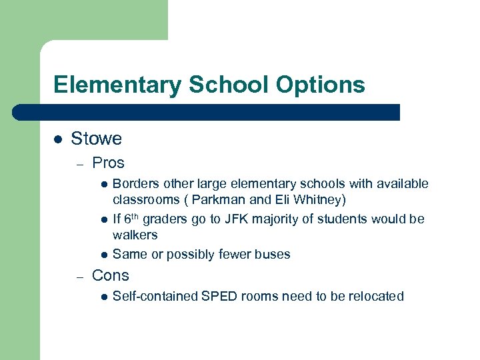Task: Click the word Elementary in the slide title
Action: pos(117,85)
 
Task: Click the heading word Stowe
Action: pos(96,139)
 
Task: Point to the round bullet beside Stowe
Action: pos(58,139)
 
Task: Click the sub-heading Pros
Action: pos(108,163)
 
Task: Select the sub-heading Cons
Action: pos(110,275)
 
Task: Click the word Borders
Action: pos(135,184)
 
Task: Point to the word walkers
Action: pos(135,235)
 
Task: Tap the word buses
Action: pos(274,255)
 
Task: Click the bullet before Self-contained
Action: pos(104,297)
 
